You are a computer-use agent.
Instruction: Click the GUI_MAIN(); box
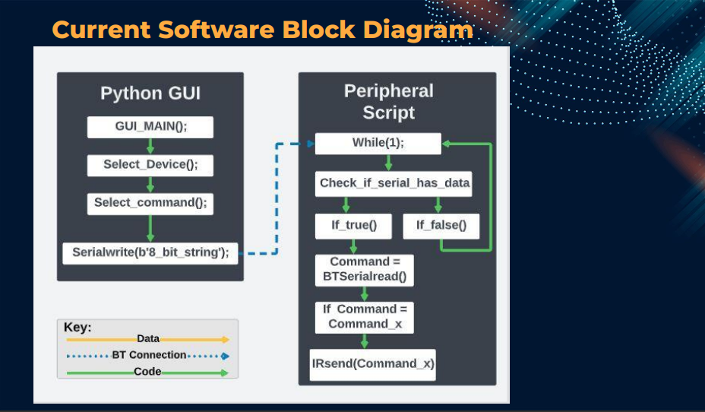(150, 127)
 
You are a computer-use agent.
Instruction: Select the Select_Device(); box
(150, 166)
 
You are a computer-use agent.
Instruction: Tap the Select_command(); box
(150, 204)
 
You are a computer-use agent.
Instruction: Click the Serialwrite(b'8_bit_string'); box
(150, 253)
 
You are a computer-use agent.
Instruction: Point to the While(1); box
(378, 144)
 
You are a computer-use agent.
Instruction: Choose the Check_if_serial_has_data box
(394, 183)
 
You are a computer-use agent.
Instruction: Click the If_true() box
(353, 227)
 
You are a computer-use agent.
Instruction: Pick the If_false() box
(441, 227)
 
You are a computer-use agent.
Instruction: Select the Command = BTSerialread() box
(364, 271)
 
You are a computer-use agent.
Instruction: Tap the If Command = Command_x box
(364, 317)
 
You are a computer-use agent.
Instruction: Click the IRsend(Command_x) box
(373, 365)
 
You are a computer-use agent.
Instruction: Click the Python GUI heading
(150, 93)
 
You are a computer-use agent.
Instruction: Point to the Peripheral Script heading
(389, 102)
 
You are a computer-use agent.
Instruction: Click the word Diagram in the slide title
(418, 30)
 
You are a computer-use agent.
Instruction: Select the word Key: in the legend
(77, 327)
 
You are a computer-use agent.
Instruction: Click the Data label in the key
(148, 339)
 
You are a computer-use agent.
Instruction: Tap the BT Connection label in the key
(149, 355)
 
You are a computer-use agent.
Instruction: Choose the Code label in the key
(147, 372)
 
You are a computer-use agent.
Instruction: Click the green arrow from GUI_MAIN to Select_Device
(150, 146)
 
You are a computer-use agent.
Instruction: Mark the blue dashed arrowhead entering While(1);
(311, 144)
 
